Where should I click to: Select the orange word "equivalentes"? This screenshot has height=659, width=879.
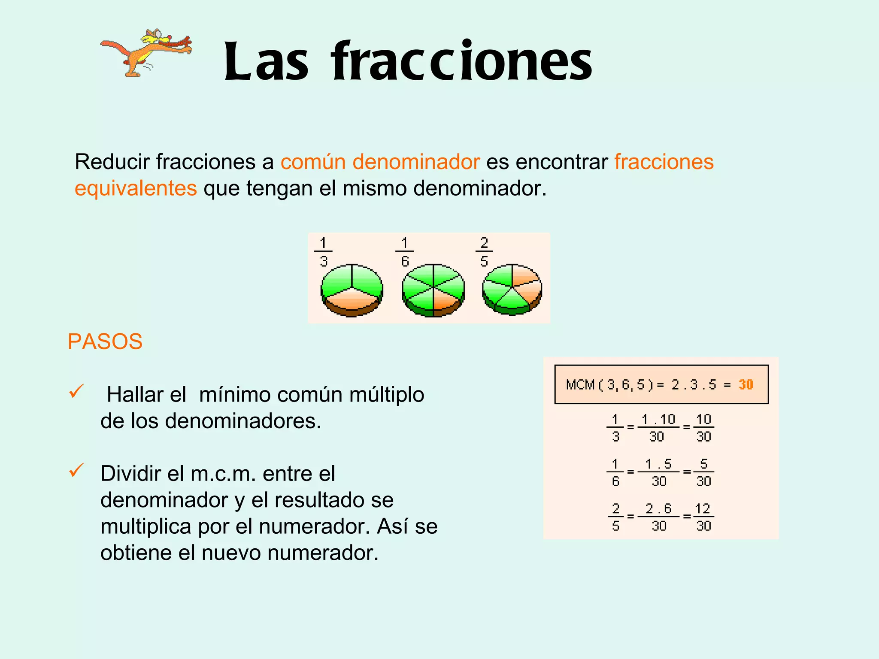click(x=136, y=188)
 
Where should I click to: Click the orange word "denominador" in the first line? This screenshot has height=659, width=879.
click(x=416, y=162)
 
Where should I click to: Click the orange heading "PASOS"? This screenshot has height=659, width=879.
click(x=105, y=342)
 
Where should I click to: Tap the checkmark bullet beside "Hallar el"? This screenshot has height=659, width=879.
click(x=76, y=391)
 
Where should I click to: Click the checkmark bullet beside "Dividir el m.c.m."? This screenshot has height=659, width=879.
click(x=76, y=470)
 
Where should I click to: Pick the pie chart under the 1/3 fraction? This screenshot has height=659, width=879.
click(x=352, y=290)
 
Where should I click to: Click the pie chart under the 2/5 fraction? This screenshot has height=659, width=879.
click(x=512, y=289)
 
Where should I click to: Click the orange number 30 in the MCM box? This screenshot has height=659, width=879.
click(x=746, y=384)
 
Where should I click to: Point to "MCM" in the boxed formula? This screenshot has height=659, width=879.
click(x=580, y=384)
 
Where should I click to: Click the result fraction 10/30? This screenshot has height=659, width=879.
click(x=703, y=428)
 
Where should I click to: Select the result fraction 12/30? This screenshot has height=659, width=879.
click(x=703, y=517)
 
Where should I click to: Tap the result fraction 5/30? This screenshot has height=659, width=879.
click(x=703, y=472)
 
